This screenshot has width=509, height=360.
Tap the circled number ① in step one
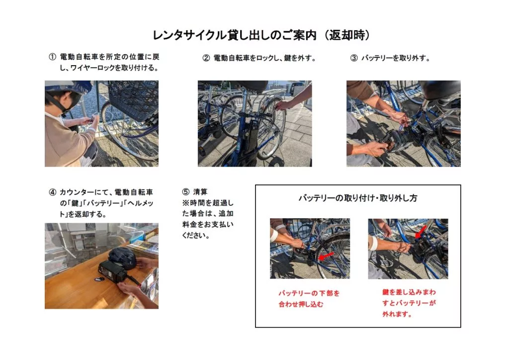point(52,57)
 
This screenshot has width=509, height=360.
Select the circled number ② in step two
point(206,58)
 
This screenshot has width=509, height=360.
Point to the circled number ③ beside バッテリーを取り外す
point(354,58)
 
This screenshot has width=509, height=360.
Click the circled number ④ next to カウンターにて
point(52,192)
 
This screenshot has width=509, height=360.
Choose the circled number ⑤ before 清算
point(186,192)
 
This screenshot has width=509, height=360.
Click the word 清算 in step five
point(200,192)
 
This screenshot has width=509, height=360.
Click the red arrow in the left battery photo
point(326,256)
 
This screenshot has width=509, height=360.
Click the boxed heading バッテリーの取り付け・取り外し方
point(357,198)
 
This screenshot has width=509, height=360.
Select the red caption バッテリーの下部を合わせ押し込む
point(309,298)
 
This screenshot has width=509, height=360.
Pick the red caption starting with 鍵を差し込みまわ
point(409,303)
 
